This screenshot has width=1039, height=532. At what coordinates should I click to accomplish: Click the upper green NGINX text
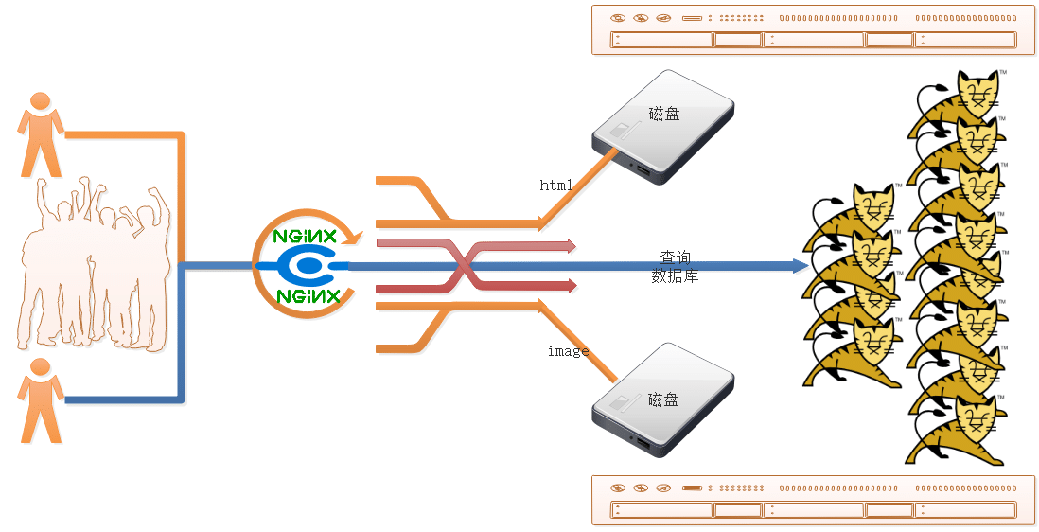pyautogui.click(x=306, y=238)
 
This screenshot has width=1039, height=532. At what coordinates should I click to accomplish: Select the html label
pyautogui.click(x=556, y=186)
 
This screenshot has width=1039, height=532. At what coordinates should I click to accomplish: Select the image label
pyautogui.click(x=568, y=351)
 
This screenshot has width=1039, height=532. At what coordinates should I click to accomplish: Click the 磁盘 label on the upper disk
pyautogui.click(x=663, y=115)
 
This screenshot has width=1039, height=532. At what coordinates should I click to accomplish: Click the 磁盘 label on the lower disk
pyautogui.click(x=663, y=399)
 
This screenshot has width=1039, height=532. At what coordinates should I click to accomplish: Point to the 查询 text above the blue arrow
pyautogui.click(x=675, y=257)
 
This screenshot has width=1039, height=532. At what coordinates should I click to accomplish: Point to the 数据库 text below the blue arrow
pyautogui.click(x=675, y=276)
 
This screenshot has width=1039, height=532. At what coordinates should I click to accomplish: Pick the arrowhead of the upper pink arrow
pyautogui.click(x=572, y=246)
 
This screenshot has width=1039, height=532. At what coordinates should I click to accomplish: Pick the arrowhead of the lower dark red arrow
pyautogui.click(x=572, y=285)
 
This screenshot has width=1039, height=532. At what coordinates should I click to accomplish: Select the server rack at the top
pyautogui.click(x=804, y=29)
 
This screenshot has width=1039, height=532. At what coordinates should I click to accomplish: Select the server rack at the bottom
pyautogui.click(x=804, y=499)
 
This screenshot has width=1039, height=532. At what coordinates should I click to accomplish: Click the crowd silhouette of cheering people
pyautogui.click(x=95, y=265)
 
